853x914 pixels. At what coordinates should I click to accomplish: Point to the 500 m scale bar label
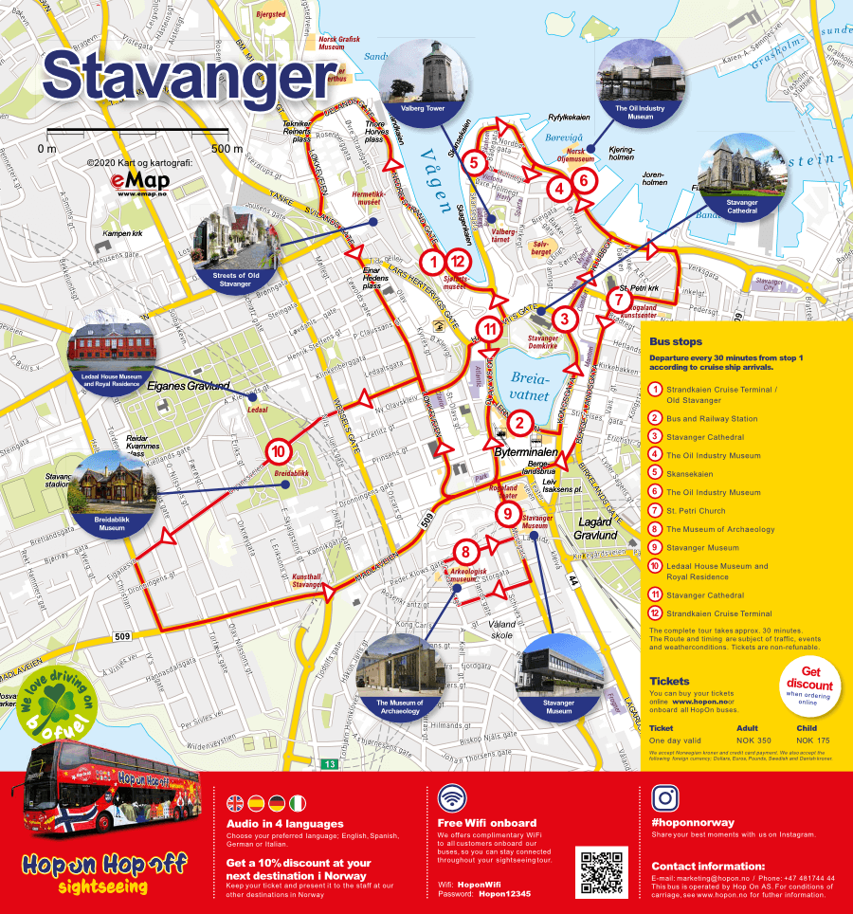pyautogui.click(x=227, y=149)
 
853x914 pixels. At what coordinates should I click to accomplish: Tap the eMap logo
pyautogui.click(x=139, y=182)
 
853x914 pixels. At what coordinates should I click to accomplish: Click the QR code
pyautogui.click(x=601, y=871)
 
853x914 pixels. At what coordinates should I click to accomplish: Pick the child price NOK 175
pyautogui.click(x=812, y=740)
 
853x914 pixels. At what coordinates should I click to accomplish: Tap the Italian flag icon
pyautogui.click(x=299, y=803)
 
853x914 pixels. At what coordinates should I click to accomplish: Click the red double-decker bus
pyautogui.click(x=114, y=794)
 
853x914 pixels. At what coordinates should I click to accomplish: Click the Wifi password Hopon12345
pyautogui.click(x=504, y=893)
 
